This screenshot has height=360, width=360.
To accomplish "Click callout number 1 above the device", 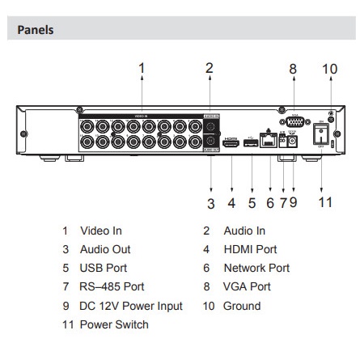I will (141, 69).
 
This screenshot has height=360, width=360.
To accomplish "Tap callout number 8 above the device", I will (293, 69).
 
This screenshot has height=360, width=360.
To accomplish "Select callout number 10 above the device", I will (329, 69).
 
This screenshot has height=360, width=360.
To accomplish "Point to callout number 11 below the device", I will (324, 201).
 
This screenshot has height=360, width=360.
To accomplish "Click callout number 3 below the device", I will (210, 201).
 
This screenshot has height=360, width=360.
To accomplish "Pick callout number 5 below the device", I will (252, 201).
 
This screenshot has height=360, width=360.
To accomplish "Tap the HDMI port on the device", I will (231, 142).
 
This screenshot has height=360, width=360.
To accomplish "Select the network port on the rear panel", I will (268, 139).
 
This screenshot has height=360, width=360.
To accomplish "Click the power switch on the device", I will (321, 133).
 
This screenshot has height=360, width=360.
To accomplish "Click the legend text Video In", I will (100, 231).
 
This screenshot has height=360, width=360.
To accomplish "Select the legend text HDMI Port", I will (250, 250).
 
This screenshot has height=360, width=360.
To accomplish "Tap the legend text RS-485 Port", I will (112, 287).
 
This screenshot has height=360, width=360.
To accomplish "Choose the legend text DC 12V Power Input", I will (131, 306).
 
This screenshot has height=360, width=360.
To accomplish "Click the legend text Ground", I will (242, 306).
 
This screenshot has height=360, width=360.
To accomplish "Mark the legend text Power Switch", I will (114, 324).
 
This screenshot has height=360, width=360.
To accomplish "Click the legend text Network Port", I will (256, 269).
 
